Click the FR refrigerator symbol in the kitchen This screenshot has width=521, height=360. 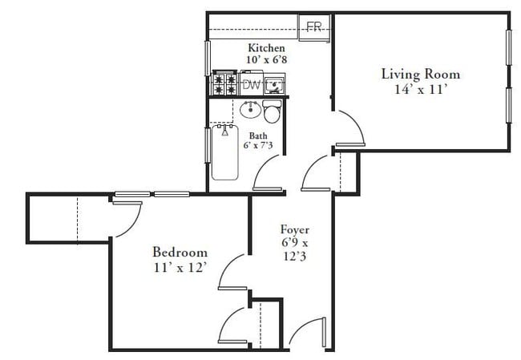(315, 26)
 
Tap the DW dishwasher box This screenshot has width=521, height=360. (252, 83)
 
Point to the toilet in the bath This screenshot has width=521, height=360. (272, 112)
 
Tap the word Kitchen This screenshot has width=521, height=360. (266, 48)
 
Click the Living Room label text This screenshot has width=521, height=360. (420, 75)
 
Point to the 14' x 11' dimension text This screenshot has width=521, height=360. (420, 90)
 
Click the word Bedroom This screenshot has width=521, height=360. (180, 251)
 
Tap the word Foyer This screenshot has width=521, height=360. (294, 229)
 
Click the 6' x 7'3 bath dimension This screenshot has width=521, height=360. (258, 146)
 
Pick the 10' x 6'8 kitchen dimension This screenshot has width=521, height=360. (266, 61)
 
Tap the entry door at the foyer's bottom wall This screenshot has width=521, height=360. (305, 335)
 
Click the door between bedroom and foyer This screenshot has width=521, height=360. (233, 271)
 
